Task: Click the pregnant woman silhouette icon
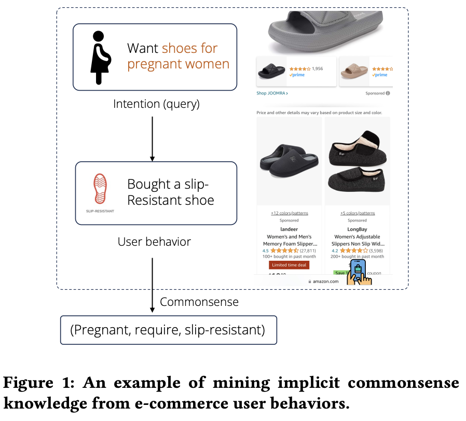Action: pos(101,57)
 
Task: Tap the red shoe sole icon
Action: pos(100,190)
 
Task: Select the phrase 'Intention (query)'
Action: pos(156,104)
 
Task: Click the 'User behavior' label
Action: pos(154,242)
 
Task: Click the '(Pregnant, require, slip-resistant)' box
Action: pos(169,330)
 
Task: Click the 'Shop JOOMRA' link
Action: pos(272,93)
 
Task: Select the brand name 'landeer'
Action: pos(290,229)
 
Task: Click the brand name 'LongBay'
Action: pos(357,229)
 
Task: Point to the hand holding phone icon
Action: pos(360,272)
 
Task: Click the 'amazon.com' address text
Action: pos(326,282)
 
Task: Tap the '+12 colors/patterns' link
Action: pos(290,213)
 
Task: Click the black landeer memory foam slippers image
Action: pos(290,161)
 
